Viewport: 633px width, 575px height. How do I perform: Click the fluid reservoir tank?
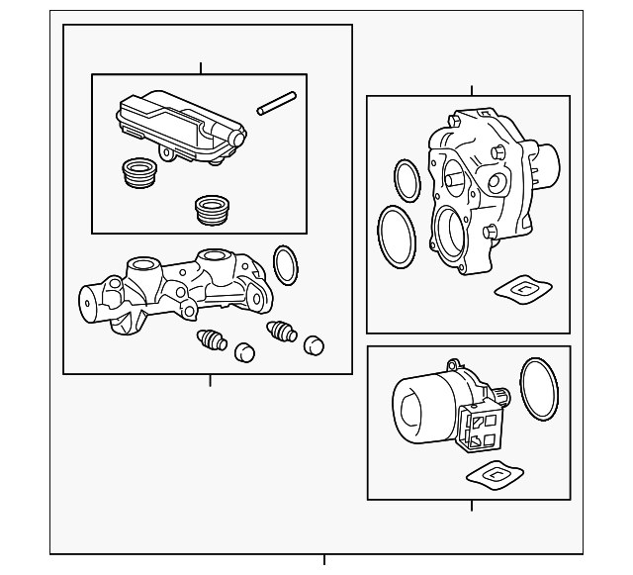coord(178,127)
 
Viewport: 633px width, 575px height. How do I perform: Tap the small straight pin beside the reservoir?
coord(277,103)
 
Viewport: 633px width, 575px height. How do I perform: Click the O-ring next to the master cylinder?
coord(286,263)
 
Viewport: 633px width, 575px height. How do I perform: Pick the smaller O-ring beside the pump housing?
coord(407,180)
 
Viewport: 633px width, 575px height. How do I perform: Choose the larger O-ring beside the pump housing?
coord(397,237)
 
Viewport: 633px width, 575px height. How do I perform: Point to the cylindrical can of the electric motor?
coord(420,407)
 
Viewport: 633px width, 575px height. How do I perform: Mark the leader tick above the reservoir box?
coord(201,68)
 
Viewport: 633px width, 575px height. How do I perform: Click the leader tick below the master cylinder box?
coord(210,380)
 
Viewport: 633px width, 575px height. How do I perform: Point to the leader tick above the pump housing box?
coord(472,91)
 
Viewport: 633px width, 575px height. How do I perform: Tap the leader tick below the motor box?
coord(472,506)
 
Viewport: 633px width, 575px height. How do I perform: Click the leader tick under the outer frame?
coord(323,560)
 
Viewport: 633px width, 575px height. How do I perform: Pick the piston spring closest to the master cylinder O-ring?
coord(281,331)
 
